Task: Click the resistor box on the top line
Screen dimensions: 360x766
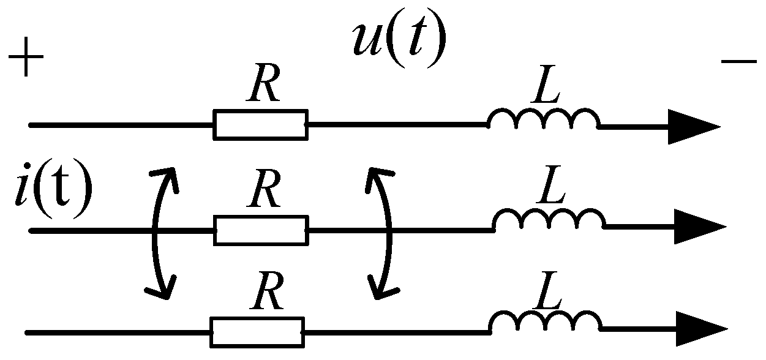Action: coord(260,124)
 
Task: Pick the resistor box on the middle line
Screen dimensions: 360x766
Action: coord(260,230)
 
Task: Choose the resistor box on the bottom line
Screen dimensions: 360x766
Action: coord(257,332)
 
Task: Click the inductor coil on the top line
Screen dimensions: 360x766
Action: coord(543,120)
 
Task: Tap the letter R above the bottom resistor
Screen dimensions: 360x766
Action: coord(265,296)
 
